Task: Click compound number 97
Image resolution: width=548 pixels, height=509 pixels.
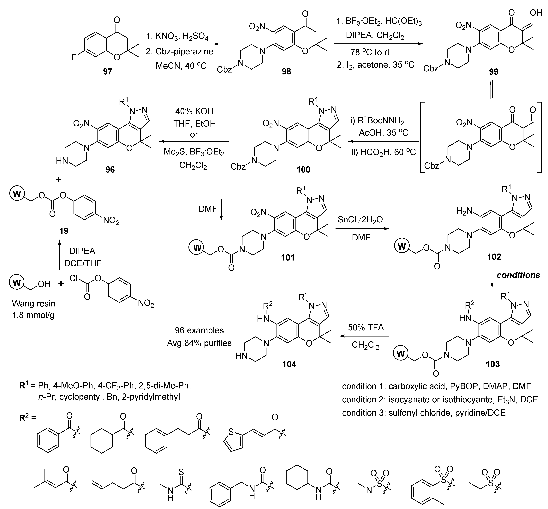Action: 108,71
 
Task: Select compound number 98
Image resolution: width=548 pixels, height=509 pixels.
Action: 286,71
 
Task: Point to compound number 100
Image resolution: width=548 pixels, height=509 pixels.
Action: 303,169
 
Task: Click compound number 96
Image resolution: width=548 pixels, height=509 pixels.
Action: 110,169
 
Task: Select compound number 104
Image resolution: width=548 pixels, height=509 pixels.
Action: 289,364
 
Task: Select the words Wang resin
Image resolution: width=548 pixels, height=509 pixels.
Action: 34,304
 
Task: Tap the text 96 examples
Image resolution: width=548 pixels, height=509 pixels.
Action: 199,330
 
